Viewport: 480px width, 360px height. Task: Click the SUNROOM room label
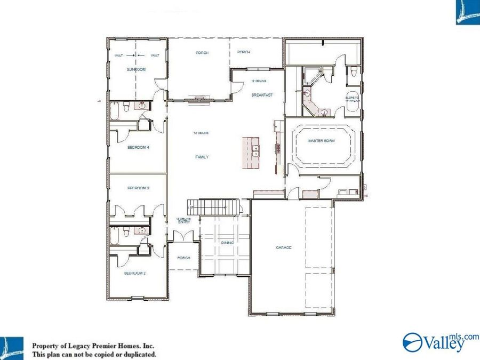click(x=136, y=70)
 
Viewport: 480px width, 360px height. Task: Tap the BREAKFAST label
click(x=262, y=95)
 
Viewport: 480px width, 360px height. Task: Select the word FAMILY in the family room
click(x=202, y=157)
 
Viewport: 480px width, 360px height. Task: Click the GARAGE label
click(x=283, y=247)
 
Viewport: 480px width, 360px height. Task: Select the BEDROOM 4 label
click(x=138, y=147)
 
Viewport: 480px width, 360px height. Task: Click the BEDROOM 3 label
click(x=138, y=188)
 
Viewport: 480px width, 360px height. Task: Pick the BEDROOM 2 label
click(x=135, y=273)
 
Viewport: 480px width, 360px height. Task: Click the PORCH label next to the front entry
click(x=183, y=258)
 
